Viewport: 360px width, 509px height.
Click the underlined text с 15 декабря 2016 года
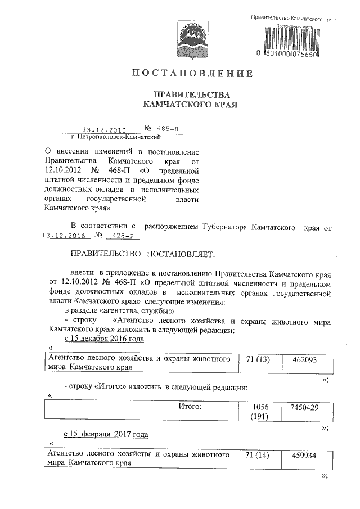104,339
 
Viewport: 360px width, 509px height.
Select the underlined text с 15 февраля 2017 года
106,435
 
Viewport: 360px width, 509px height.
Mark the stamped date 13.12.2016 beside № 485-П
104,129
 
